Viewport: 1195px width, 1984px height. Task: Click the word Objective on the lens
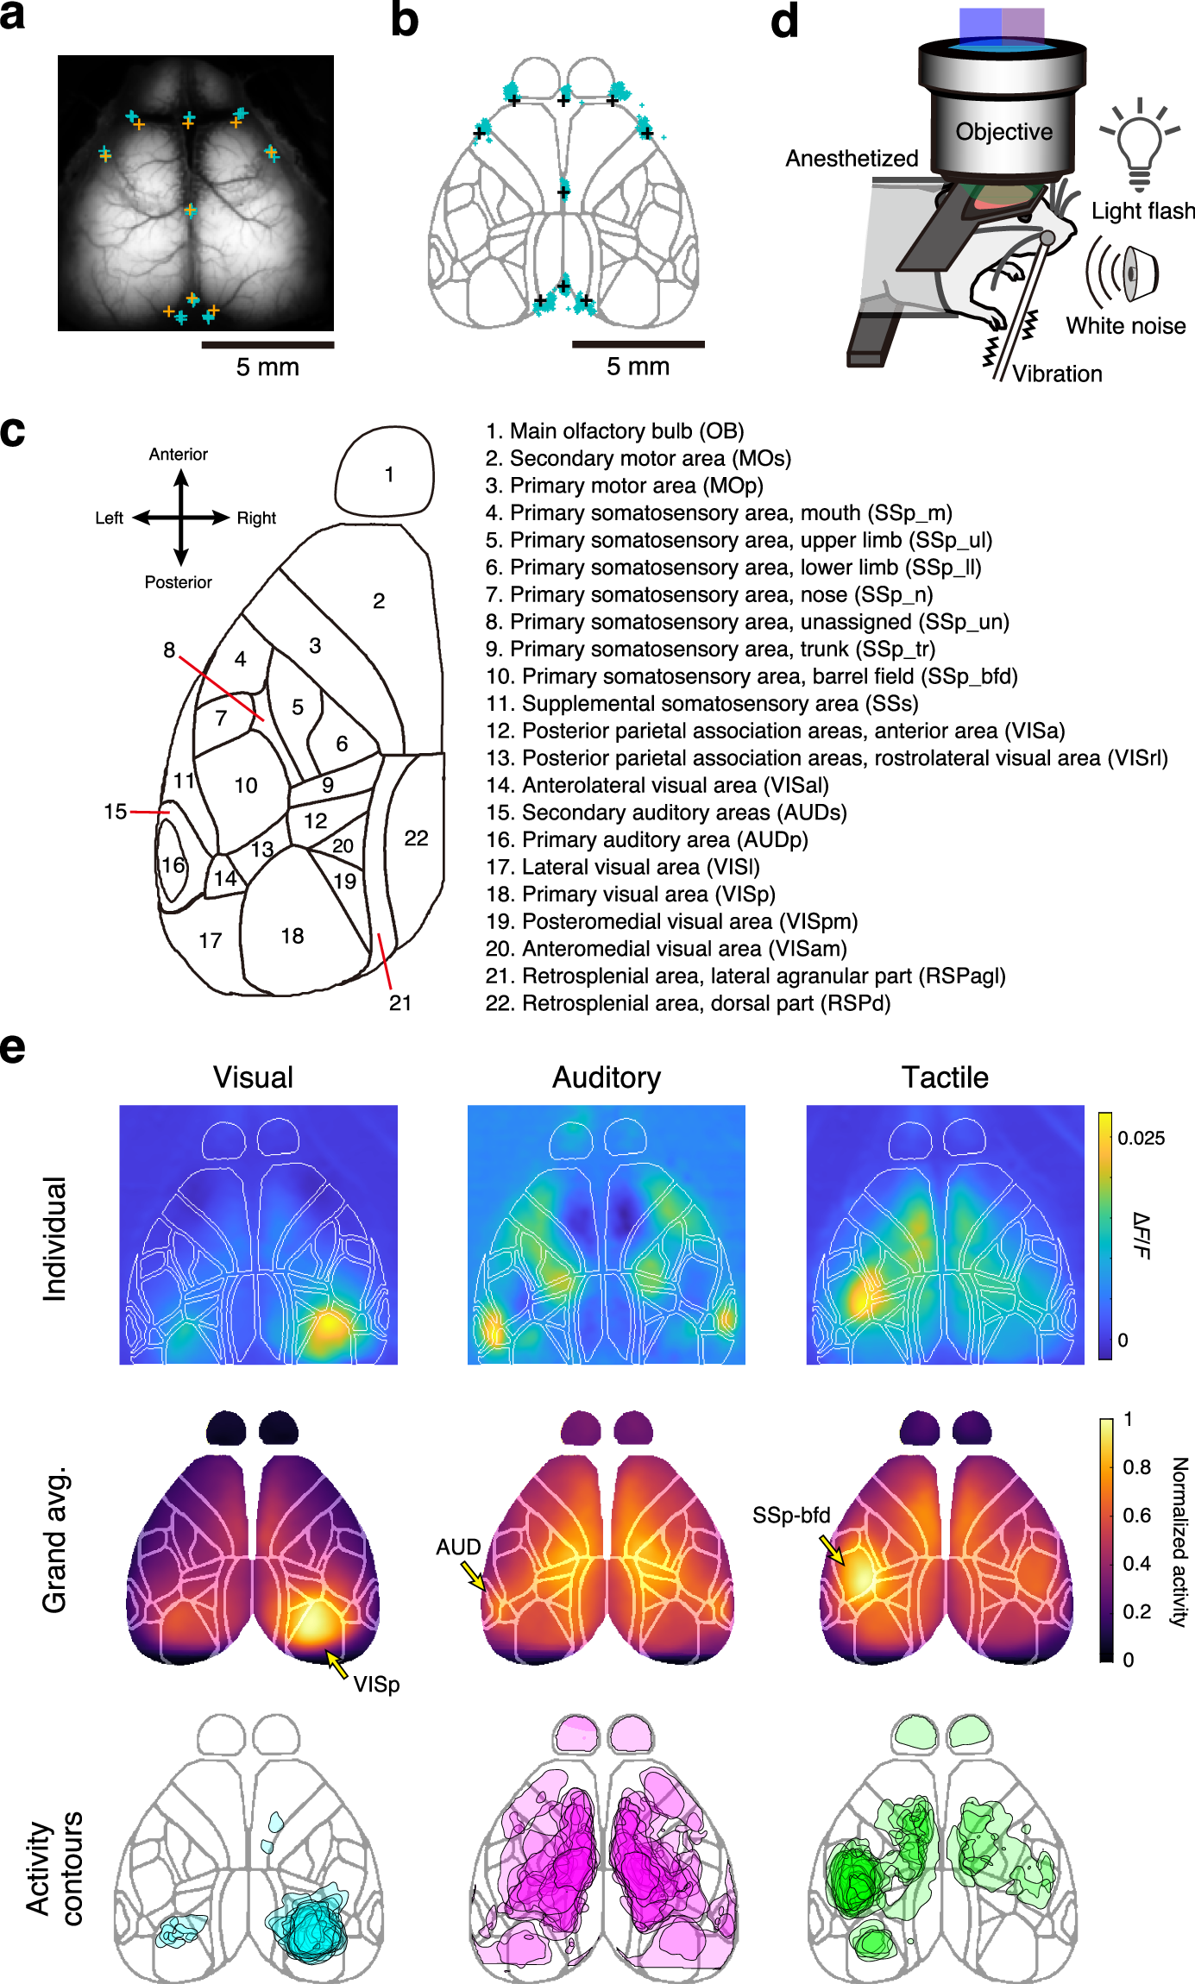pyautogui.click(x=1003, y=132)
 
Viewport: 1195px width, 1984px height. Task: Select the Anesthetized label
pyautogui.click(x=852, y=159)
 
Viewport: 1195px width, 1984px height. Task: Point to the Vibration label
pyautogui.click(x=1057, y=374)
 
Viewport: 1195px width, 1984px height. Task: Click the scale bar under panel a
pyautogui.click(x=267, y=345)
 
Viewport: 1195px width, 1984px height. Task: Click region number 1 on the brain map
pyautogui.click(x=389, y=474)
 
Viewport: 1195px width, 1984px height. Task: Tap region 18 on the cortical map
pyautogui.click(x=292, y=936)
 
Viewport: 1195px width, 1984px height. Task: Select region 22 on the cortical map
pyautogui.click(x=416, y=838)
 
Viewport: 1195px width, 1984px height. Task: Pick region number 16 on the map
pyautogui.click(x=173, y=864)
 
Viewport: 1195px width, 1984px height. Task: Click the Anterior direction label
pyautogui.click(x=179, y=455)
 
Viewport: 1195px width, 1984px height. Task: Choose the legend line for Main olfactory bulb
pyautogui.click(x=614, y=431)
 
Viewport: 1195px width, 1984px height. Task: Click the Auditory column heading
pyautogui.click(x=607, y=1077)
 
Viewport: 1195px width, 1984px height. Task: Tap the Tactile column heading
pyautogui.click(x=945, y=1077)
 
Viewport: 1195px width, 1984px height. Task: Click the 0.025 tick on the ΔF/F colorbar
pyautogui.click(x=1141, y=1139)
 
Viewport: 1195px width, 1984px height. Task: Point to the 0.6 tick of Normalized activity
pyautogui.click(x=1136, y=1516)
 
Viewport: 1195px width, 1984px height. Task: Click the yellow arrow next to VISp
pyautogui.click(x=336, y=1663)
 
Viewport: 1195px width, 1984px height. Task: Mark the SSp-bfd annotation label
pyautogui.click(x=791, y=1516)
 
